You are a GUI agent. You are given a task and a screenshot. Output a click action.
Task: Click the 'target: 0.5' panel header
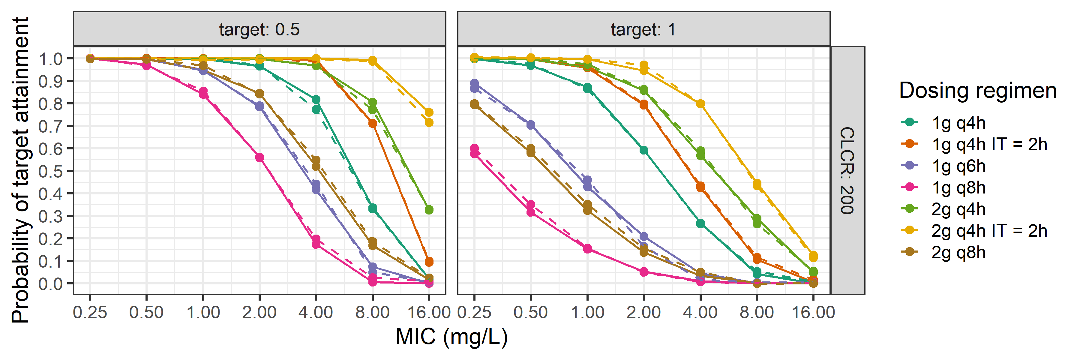pyautogui.click(x=259, y=29)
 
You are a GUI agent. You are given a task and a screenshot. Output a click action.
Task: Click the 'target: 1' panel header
pyautogui.click(x=643, y=29)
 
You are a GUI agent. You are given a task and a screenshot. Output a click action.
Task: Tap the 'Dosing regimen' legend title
pyautogui.click(x=977, y=91)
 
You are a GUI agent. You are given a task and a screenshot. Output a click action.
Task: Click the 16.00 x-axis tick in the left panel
pyautogui.click(x=428, y=312)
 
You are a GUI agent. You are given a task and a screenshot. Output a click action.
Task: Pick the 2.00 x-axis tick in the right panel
pyautogui.click(x=643, y=312)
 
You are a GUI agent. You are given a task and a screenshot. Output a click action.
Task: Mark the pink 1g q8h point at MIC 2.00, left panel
pyautogui.click(x=259, y=157)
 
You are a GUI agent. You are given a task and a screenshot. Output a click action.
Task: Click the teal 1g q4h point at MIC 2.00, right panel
pyautogui.click(x=643, y=150)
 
